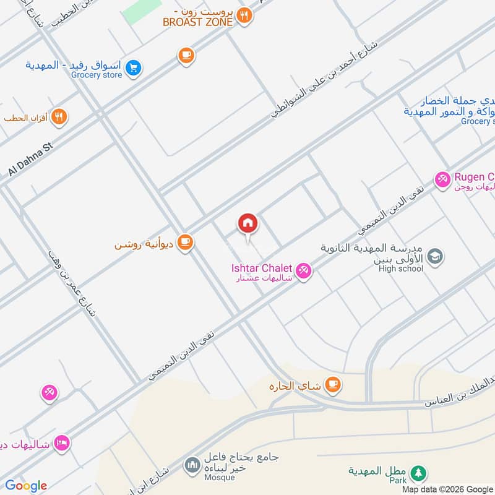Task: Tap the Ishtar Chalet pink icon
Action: click(x=303, y=270)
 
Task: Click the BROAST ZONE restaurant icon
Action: click(x=245, y=16)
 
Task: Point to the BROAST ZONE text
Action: click(x=198, y=22)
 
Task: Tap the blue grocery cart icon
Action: click(x=133, y=69)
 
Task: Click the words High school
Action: click(x=402, y=269)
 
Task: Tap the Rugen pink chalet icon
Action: click(x=442, y=180)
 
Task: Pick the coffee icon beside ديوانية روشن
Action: click(x=184, y=243)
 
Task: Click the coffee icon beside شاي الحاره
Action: click(x=333, y=385)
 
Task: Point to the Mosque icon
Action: click(x=192, y=464)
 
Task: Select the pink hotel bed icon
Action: click(x=61, y=442)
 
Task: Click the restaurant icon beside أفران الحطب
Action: click(x=59, y=117)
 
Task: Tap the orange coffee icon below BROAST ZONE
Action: click(x=186, y=56)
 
